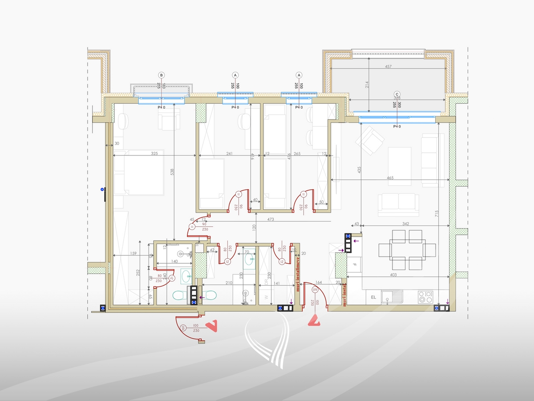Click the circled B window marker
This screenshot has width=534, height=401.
tap(162, 75)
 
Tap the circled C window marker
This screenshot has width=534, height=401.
tap(397, 94)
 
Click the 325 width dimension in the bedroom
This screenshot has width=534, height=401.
tap(154, 154)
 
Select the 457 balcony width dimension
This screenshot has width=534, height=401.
tap(388, 67)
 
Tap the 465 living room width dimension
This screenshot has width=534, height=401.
tap(390, 178)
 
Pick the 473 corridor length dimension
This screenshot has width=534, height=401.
tap(267, 220)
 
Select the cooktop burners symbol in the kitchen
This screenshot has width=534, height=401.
tap(426, 295)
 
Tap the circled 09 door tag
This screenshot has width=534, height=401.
tap(316, 290)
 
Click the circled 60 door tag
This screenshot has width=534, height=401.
tap(183, 328)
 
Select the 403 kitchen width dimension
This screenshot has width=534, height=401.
tap(393, 275)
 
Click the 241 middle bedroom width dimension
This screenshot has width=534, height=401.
tap(229, 154)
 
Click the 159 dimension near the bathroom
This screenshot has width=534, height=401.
tap(133, 254)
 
